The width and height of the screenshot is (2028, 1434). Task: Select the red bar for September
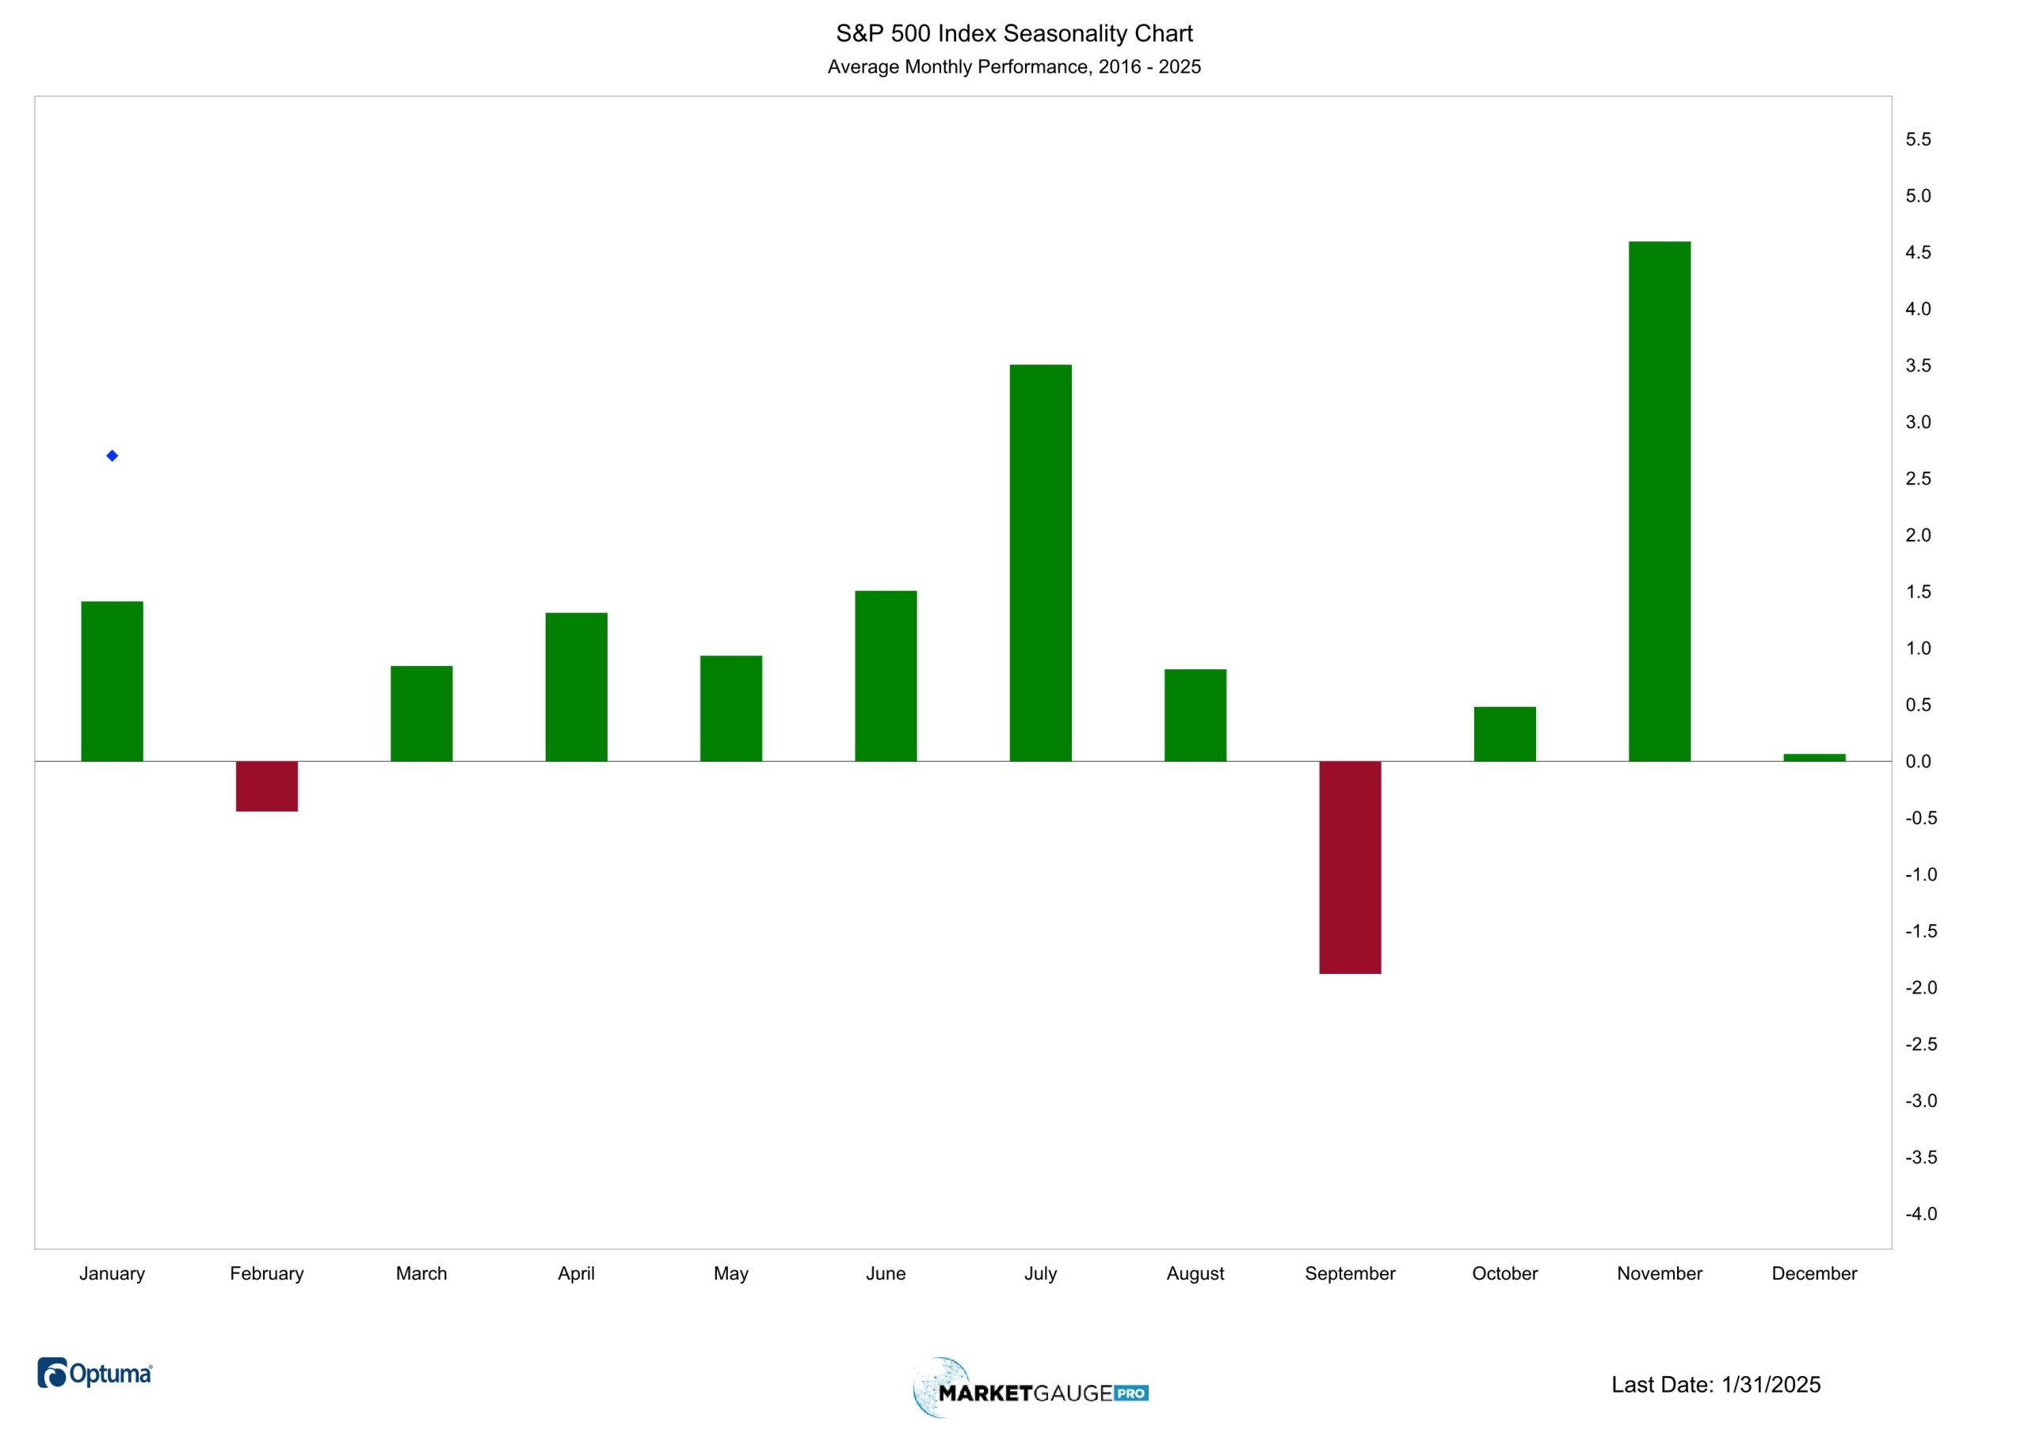click(x=1350, y=867)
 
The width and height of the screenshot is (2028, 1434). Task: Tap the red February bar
click(x=267, y=785)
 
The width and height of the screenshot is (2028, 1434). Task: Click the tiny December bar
click(x=1814, y=758)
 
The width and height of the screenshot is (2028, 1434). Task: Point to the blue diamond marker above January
click(x=112, y=455)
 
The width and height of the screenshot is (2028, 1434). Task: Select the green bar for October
click(x=1504, y=734)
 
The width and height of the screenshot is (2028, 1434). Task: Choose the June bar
click(x=886, y=675)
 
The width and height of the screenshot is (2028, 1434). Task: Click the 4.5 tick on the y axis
click(x=1918, y=253)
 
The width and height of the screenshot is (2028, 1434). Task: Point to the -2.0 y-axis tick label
click(x=1920, y=988)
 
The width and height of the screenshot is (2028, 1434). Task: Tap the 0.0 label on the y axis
click(x=1918, y=762)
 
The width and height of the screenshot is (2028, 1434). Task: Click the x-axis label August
click(x=1195, y=1273)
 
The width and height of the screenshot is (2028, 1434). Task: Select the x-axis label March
click(x=421, y=1273)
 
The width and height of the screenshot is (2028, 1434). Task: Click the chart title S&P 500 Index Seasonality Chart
click(x=1014, y=33)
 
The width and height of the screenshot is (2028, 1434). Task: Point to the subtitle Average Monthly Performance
click(x=1014, y=67)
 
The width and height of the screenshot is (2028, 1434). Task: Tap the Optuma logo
click(x=95, y=1373)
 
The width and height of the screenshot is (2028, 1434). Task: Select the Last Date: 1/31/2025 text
click(x=1715, y=1385)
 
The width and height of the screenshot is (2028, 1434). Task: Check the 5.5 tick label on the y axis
click(x=1918, y=139)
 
